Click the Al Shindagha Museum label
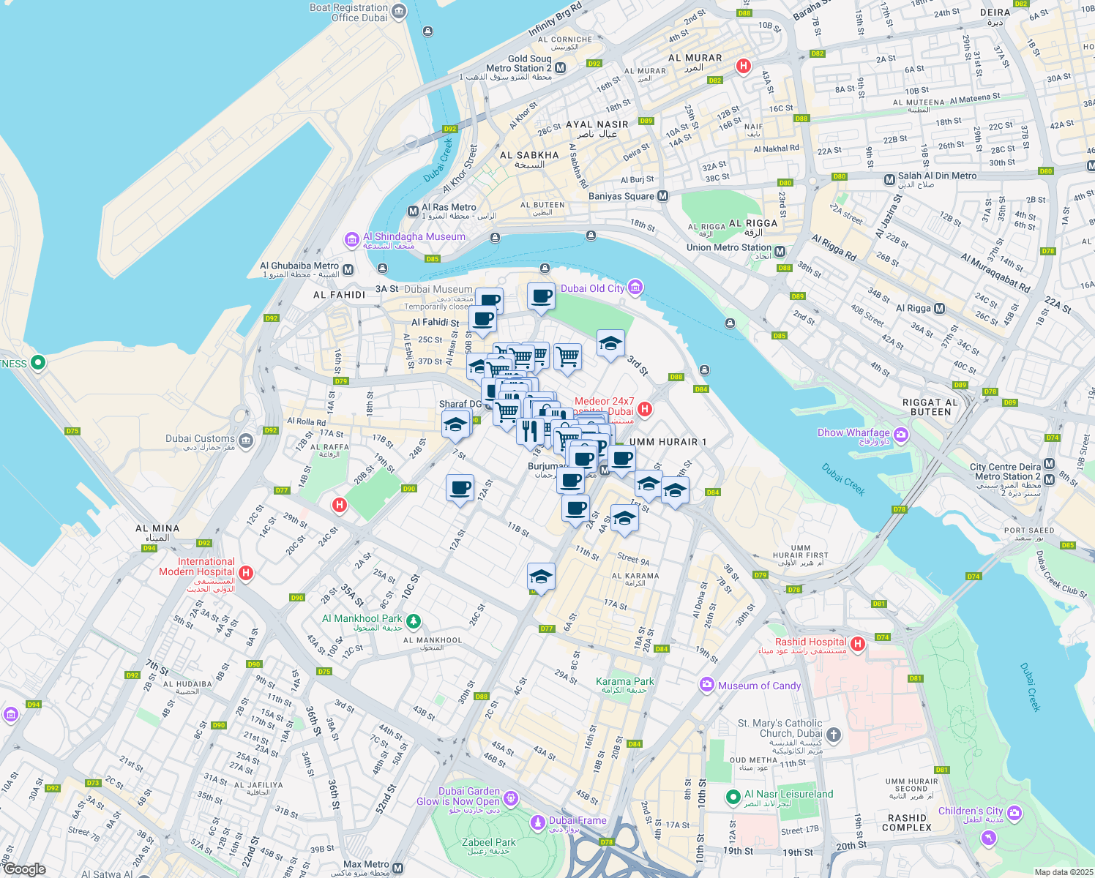coord(414,237)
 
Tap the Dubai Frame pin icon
coord(538,822)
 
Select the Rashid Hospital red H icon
coord(858,643)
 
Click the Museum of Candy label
coord(759,686)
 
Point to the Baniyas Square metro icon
coord(662,196)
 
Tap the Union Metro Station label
coord(728,247)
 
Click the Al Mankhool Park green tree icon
coord(414,621)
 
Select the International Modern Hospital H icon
coord(247,573)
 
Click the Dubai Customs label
coord(200,438)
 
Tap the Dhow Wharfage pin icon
coord(901,435)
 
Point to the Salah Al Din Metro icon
coord(889,179)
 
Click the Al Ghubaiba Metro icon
coord(348,269)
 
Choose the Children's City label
coord(970,811)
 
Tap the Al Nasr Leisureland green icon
coord(732,796)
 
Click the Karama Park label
coord(624,681)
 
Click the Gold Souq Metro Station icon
coord(561,68)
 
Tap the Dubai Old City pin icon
coord(635,287)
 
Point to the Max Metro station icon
coord(397,868)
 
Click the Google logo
coord(24,868)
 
